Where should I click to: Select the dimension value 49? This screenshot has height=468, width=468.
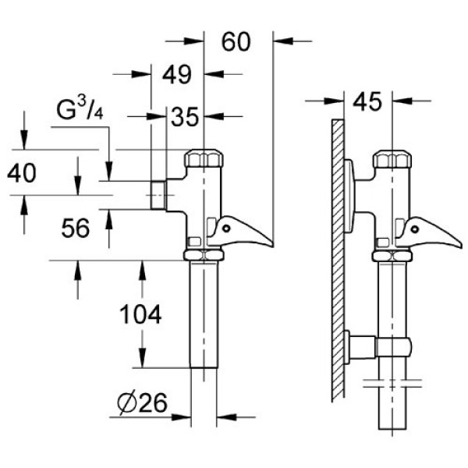pos(177,75)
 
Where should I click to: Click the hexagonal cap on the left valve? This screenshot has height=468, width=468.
pos(204,158)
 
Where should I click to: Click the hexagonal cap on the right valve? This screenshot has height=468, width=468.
pos(392,158)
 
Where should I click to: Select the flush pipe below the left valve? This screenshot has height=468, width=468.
pos(204,320)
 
